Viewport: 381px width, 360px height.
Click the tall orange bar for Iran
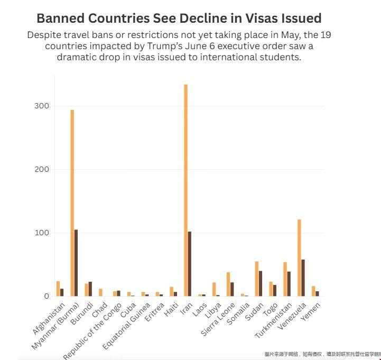[185, 190]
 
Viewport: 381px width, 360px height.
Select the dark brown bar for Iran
[190, 264]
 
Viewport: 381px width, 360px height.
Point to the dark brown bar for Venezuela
[303, 278]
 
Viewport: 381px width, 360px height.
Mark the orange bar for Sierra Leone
[228, 284]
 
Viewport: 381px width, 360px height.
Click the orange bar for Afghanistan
[58, 289]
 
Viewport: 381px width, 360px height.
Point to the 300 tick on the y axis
[42, 106]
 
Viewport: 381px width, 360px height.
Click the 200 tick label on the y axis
[42, 169]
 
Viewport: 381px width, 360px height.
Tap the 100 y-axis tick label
[42, 233]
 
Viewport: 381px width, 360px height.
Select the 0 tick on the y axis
[46, 296]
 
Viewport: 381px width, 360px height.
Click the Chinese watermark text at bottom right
[322, 354]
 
